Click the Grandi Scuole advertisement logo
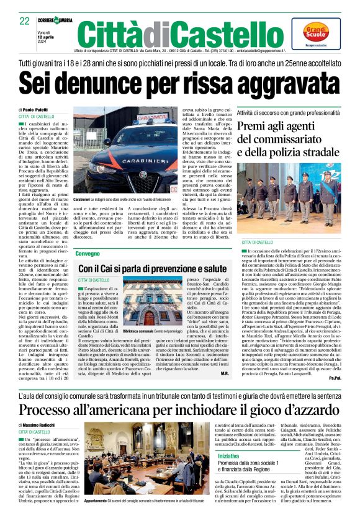click(x=316, y=33)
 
